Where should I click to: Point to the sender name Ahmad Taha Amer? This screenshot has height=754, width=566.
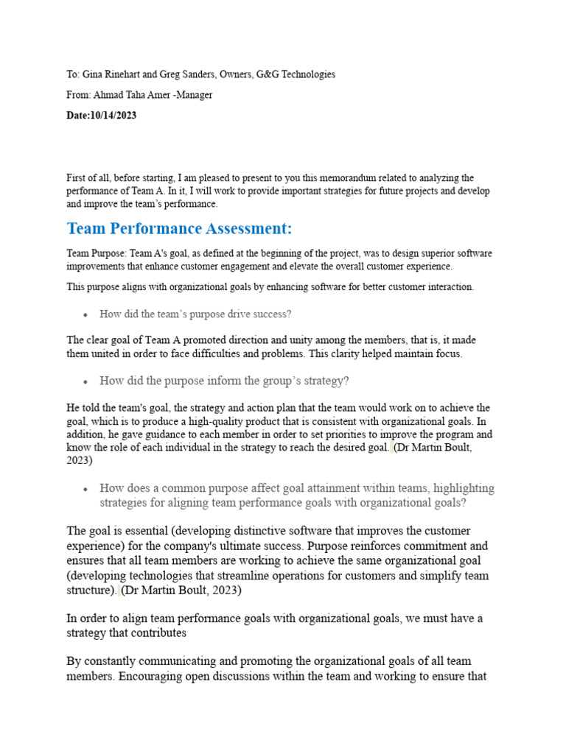click(131, 95)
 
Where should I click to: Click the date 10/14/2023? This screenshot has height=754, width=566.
click(113, 116)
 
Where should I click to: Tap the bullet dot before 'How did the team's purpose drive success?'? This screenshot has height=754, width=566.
click(86, 315)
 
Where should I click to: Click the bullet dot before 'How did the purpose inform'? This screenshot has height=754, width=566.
click(86, 382)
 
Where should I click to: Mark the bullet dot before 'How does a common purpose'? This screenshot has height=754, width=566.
click(86, 489)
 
